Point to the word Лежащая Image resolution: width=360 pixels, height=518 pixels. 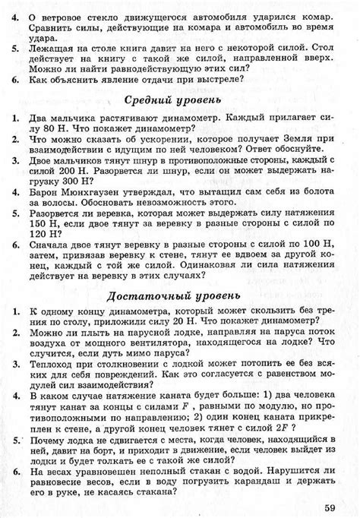pyautogui.click(x=54, y=46)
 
